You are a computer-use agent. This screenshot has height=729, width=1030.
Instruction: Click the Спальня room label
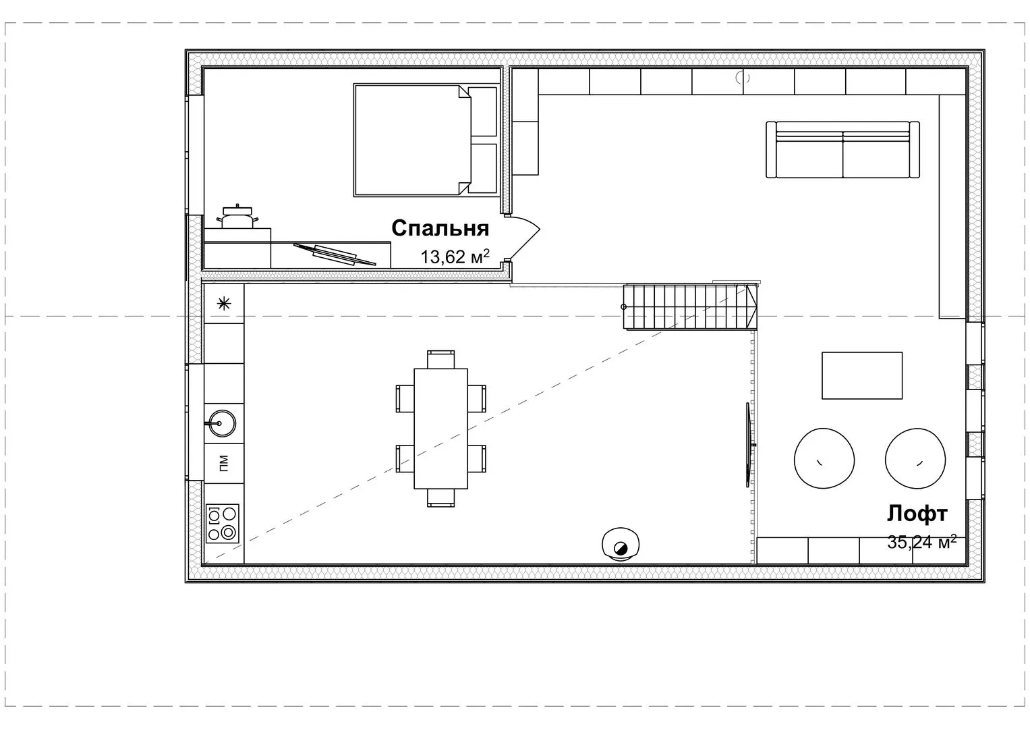click(x=440, y=229)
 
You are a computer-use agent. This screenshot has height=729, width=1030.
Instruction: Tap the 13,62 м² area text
click(x=455, y=256)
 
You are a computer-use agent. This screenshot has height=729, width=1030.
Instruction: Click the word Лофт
click(x=917, y=514)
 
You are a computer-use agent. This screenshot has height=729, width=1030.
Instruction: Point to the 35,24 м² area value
click(x=921, y=541)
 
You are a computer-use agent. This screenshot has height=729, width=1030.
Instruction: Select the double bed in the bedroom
click(x=426, y=140)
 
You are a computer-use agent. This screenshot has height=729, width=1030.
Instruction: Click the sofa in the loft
click(x=843, y=150)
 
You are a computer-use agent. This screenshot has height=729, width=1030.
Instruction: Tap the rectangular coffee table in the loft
click(x=862, y=375)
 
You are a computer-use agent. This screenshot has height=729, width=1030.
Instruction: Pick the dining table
click(x=441, y=429)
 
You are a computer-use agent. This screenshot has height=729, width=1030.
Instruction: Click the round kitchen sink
click(x=221, y=423)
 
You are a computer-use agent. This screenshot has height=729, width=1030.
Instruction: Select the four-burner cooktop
click(x=223, y=524)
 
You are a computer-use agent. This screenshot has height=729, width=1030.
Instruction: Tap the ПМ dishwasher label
click(x=224, y=463)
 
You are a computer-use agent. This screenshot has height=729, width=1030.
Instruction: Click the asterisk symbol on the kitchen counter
click(x=224, y=303)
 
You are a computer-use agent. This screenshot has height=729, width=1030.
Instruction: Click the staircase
click(x=690, y=306)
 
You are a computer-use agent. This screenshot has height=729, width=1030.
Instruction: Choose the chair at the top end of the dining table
click(x=441, y=359)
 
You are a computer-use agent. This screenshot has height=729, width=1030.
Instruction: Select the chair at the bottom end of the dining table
click(x=441, y=498)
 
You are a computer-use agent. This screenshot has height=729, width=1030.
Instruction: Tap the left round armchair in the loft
click(x=824, y=458)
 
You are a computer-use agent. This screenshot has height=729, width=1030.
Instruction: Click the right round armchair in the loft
click(x=915, y=458)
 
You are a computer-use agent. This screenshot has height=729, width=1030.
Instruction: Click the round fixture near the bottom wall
click(x=621, y=545)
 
